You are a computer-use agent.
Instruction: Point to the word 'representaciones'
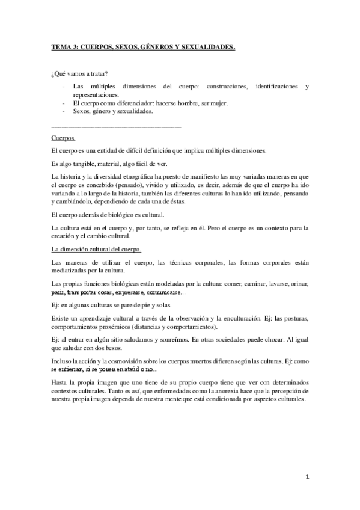pyautogui.click(x=96, y=95)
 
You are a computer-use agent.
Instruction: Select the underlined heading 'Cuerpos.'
pyautogui.click(x=64, y=138)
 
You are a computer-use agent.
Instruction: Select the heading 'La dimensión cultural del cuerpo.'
pyautogui.click(x=97, y=248)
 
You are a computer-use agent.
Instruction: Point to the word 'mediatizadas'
pyautogui.click(x=70, y=270)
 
